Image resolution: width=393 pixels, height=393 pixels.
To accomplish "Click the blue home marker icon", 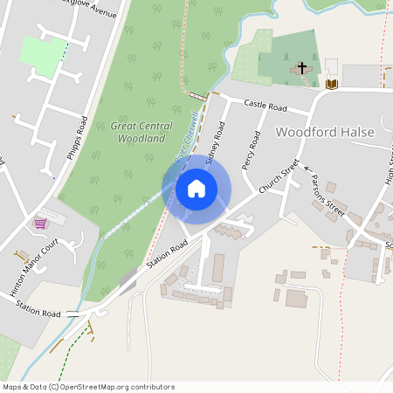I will point(196,188).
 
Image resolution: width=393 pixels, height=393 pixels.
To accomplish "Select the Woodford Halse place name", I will point(325,132).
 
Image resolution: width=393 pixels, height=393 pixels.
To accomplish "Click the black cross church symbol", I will point(303,67).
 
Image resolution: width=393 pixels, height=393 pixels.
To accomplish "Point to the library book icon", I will point(331,84).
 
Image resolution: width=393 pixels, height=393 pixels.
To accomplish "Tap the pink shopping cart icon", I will point(40,224).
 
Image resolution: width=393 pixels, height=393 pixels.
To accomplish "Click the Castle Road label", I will point(265,105).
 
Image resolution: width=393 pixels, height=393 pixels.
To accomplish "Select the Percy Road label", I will point(251,149).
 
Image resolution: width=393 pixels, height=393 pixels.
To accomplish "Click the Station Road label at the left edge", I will point(39,312).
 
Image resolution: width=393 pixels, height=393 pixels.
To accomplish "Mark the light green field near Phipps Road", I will point(41,54).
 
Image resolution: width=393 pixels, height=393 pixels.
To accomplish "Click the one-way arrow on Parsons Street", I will point(307,175).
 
